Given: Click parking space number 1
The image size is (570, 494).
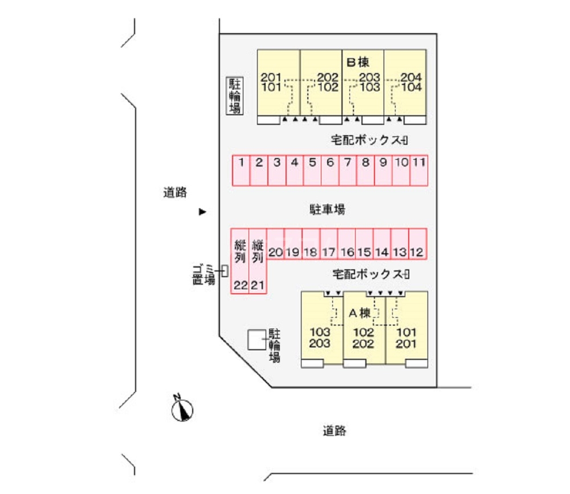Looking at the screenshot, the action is (241, 171).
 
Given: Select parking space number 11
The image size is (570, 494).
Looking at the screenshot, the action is (419, 171).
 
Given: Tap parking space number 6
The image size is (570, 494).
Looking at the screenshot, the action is (330, 171).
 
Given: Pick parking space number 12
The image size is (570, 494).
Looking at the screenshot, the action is (418, 244).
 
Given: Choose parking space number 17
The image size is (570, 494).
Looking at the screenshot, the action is (329, 244).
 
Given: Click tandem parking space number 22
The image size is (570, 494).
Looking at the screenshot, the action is (240, 261).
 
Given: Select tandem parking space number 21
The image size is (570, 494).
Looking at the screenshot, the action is (258, 261).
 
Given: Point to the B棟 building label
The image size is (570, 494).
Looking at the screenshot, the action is (358, 62).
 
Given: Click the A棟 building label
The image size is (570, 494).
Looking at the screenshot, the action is (360, 313).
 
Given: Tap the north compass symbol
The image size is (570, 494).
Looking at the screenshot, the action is (182, 409).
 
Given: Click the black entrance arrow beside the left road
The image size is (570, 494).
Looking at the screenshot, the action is (202, 212).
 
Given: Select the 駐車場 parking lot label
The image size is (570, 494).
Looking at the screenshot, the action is (327, 209).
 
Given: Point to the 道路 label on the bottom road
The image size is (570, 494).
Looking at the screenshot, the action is (335, 431).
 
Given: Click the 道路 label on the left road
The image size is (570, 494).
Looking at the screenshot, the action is (175, 192).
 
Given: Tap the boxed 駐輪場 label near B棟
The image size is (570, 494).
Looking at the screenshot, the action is (235, 96).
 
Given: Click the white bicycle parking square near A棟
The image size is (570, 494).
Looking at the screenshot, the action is (256, 340).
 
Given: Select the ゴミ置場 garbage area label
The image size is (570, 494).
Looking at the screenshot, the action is (203, 274).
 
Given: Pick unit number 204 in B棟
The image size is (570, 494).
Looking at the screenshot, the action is (411, 77).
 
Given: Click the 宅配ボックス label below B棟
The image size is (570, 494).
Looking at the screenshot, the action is (369, 140).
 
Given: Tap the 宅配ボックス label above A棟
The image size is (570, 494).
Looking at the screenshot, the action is (371, 274).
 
